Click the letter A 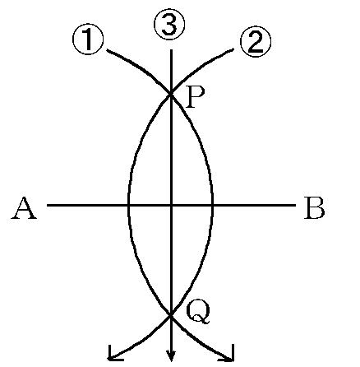click(24, 209)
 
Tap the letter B click(314, 208)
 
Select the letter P click(195, 98)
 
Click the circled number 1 click(88, 39)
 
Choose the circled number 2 click(256, 41)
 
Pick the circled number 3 click(169, 24)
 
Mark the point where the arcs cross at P click(171, 94)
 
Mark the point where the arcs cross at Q click(171, 315)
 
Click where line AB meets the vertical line click(171, 205)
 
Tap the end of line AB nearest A click(48, 205)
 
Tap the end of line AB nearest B click(296, 205)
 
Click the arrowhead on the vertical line click(171, 357)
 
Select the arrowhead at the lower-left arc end click(113, 355)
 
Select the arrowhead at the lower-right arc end click(229, 355)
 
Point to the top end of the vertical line click(171, 50)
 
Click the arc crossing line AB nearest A click(128, 205)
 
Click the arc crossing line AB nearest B click(213, 205)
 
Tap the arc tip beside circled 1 click(107, 50)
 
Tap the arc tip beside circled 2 click(233, 49)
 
